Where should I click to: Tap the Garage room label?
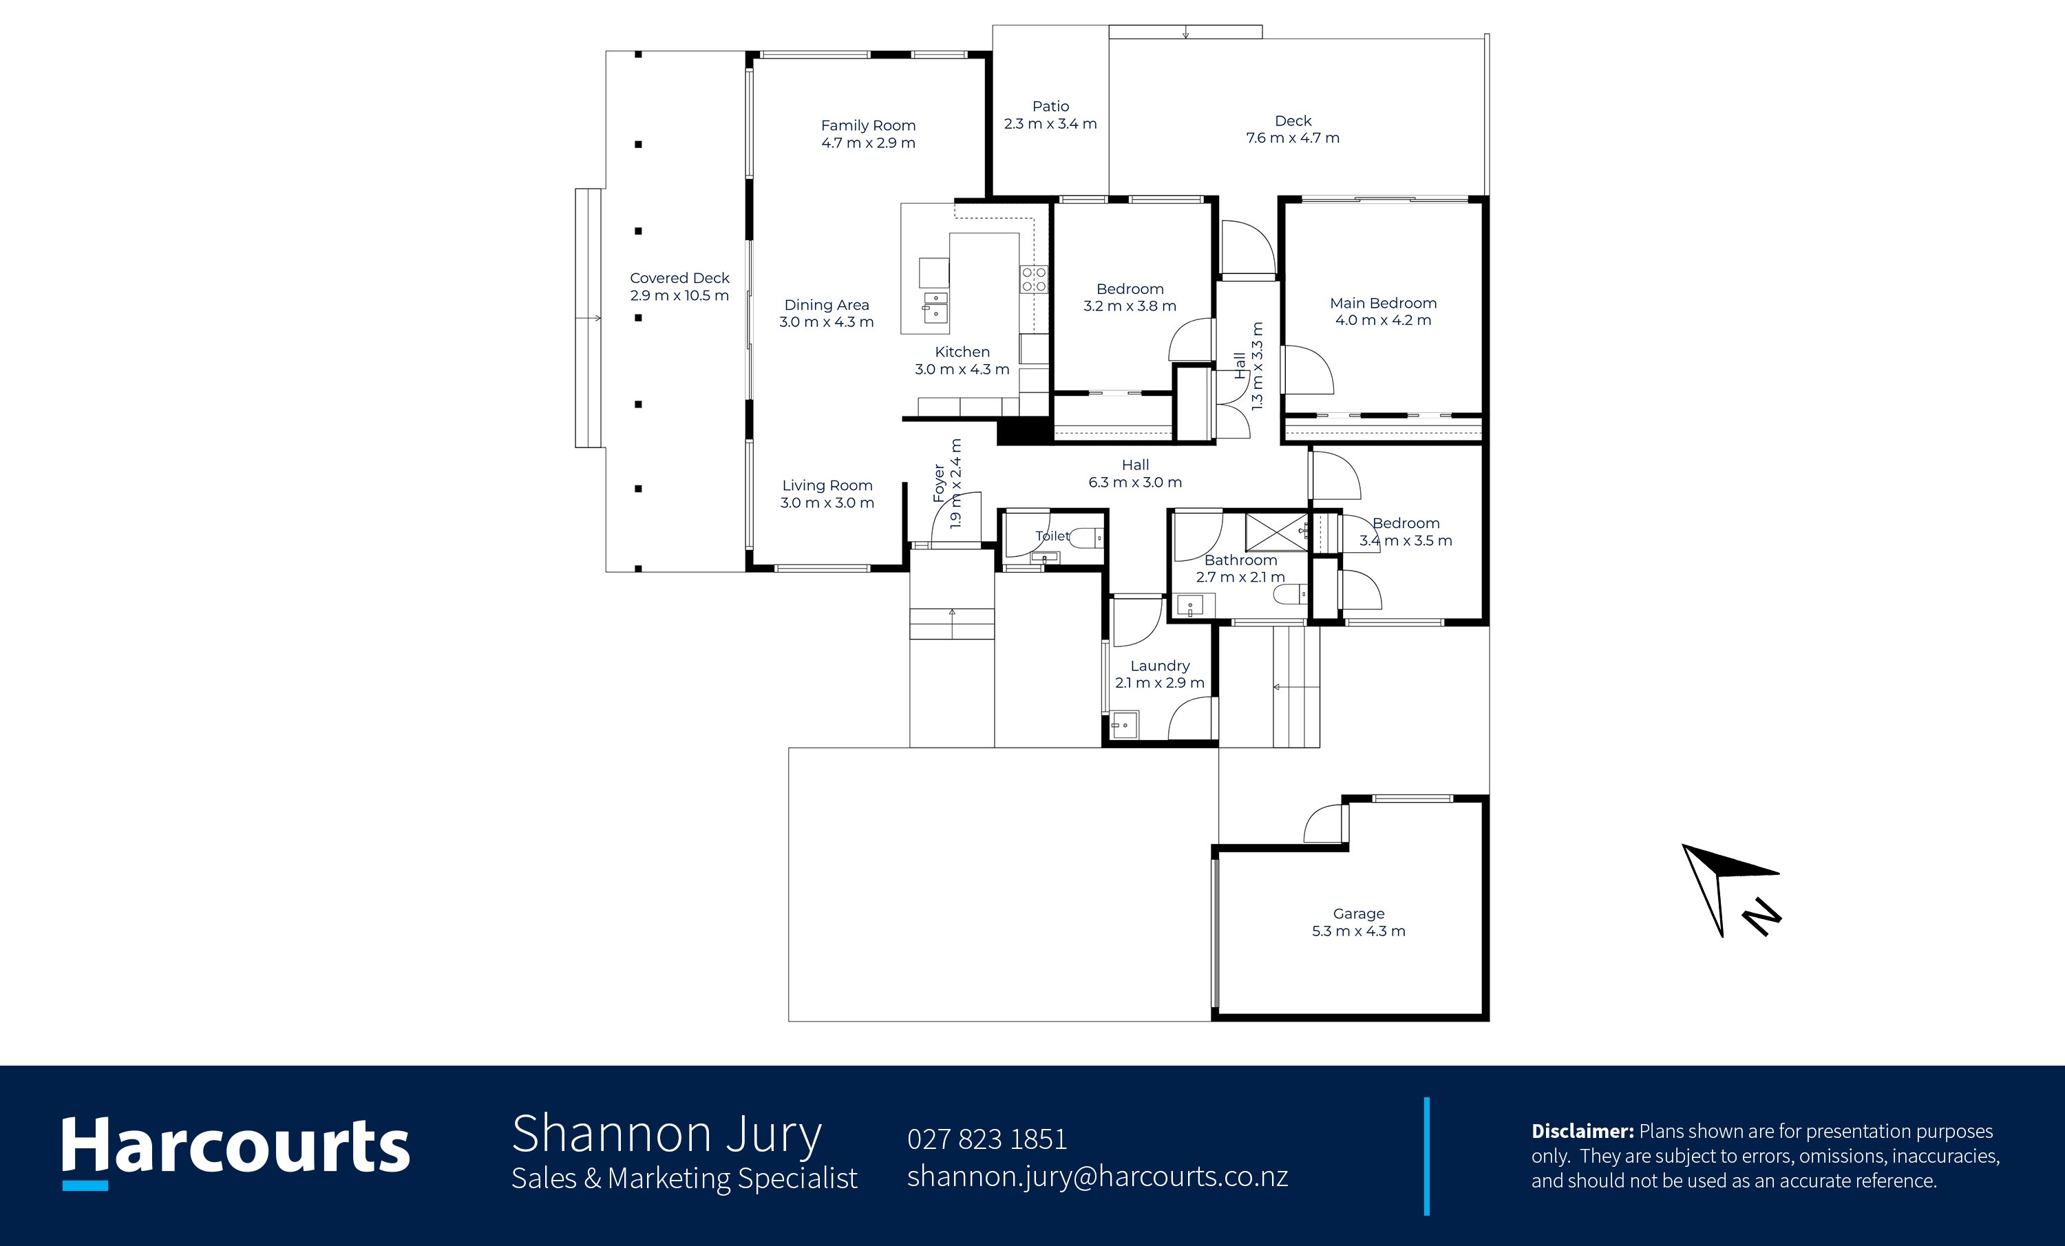coord(1359,914)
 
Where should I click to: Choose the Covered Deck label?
coord(679,278)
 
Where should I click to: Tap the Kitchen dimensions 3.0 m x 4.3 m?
coord(962,370)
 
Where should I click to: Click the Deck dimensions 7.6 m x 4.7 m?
coord(1292,138)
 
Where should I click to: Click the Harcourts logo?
coord(235,1151)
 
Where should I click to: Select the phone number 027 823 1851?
coord(986,1139)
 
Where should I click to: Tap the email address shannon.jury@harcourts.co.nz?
coord(1097,1176)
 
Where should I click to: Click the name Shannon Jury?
coord(666,1134)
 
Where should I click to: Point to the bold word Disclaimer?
coord(1582,1131)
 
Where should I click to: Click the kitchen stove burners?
coord(1034,279)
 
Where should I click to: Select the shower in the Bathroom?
coord(1276,532)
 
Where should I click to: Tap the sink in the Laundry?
coord(1124,725)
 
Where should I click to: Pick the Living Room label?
coord(827,486)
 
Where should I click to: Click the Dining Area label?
coord(826,305)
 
